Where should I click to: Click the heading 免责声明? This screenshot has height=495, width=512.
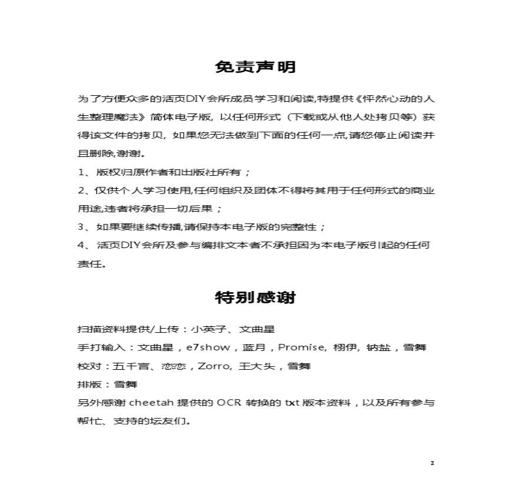(x=255, y=66)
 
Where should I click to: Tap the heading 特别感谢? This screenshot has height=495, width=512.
(x=255, y=297)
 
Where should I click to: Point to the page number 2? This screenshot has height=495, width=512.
(x=432, y=463)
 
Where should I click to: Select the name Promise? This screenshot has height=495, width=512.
(x=301, y=347)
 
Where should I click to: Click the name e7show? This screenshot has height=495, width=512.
(x=208, y=347)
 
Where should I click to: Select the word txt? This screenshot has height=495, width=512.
(x=293, y=403)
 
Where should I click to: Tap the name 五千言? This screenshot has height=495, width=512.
(x=129, y=366)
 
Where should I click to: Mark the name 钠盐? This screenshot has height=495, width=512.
(x=378, y=347)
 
